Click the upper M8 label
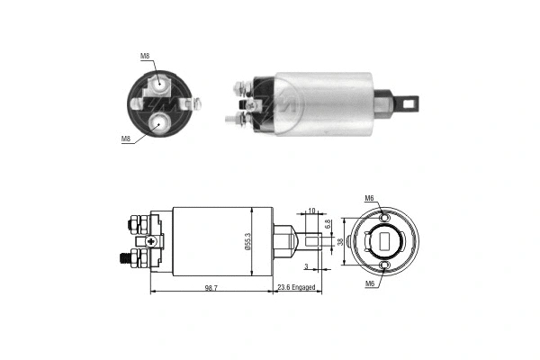point(145,57)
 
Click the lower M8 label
point(126,139)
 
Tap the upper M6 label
point(369,198)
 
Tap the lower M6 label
point(369,283)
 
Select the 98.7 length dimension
point(211,287)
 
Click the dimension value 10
point(311,211)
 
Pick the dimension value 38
point(340,241)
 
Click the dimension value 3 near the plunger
point(305,267)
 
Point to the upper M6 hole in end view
point(384,219)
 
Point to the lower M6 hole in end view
point(384,265)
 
